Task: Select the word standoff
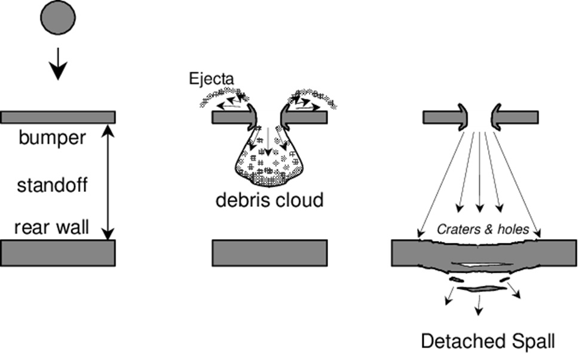(x=51, y=185)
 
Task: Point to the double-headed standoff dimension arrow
(x=106, y=179)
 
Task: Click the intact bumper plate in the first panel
(x=58, y=117)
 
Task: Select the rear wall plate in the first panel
(x=58, y=252)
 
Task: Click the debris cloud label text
(x=269, y=200)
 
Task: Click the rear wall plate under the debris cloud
(x=269, y=252)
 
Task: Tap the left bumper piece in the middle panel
(x=230, y=117)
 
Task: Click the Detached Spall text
(x=488, y=341)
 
